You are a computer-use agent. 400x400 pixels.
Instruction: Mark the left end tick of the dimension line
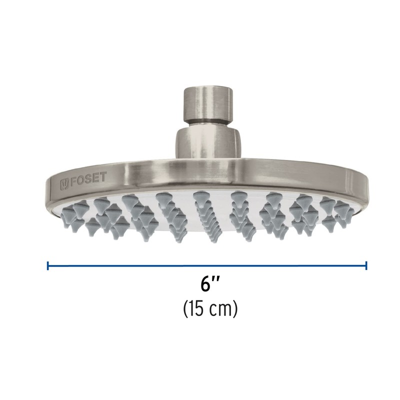(48, 265)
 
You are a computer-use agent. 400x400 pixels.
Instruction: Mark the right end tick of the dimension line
(366, 265)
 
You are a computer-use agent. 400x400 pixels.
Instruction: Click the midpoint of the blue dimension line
(207, 265)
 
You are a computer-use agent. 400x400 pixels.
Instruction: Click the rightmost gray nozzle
(345, 209)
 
